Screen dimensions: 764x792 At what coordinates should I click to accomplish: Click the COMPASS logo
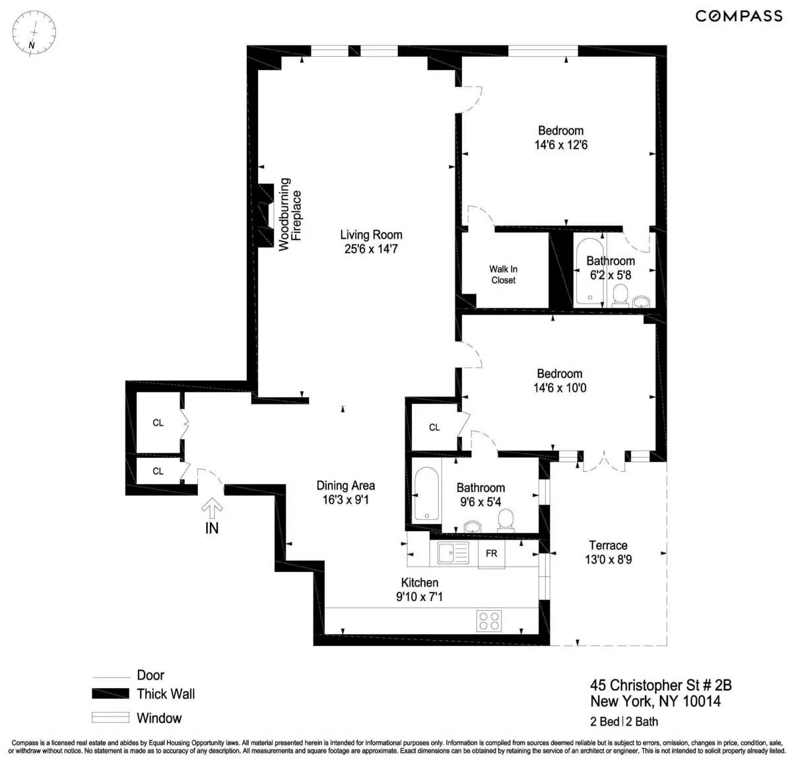point(739,16)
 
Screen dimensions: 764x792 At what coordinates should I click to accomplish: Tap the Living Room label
point(371,235)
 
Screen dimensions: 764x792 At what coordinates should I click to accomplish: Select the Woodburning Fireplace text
point(290,214)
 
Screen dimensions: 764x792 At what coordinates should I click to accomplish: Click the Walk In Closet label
point(503,274)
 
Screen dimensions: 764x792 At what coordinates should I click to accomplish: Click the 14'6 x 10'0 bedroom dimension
point(560,388)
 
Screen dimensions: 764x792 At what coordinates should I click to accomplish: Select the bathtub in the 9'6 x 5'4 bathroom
point(427,494)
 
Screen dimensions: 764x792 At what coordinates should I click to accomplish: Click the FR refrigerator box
point(492,554)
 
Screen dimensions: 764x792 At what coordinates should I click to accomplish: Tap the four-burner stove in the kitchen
point(489,620)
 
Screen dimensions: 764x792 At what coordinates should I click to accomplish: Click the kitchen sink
point(453,552)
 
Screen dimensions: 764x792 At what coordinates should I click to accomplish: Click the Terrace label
point(608,546)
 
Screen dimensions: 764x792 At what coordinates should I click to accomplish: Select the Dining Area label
point(345,486)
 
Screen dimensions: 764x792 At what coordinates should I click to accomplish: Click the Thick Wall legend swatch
point(110,693)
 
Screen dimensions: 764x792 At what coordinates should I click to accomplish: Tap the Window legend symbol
point(110,718)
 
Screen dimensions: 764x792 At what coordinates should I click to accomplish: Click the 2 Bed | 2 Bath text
point(624,721)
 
